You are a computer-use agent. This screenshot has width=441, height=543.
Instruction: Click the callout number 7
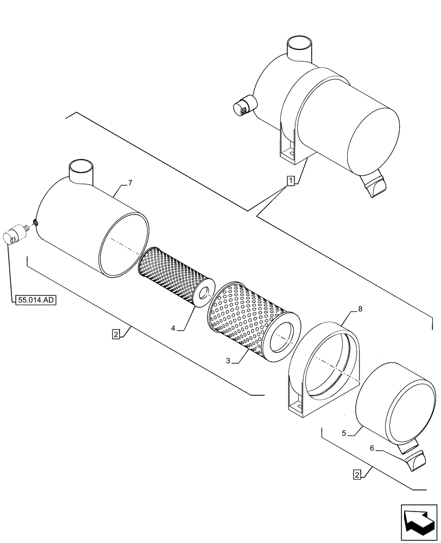(129, 184)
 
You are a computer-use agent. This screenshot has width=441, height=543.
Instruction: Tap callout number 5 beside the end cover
(344, 433)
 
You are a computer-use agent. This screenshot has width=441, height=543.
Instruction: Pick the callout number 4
(173, 327)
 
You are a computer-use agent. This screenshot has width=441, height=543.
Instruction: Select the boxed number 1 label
(291, 181)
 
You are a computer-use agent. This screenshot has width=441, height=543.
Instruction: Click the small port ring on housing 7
(35, 222)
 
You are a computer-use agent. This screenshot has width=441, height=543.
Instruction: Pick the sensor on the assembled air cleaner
(242, 105)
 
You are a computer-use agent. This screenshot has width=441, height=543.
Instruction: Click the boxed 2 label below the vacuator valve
(357, 475)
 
